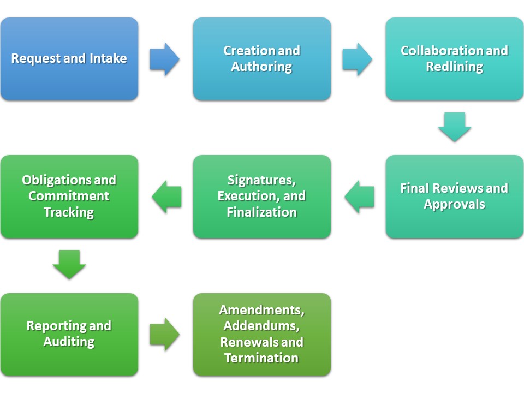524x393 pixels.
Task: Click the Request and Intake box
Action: [x=69, y=59]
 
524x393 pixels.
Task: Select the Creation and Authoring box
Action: [x=262, y=59]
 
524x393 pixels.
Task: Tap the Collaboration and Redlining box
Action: [x=454, y=59]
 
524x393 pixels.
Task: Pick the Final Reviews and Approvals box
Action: [x=454, y=196]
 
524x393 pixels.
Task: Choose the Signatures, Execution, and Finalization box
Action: [x=262, y=196]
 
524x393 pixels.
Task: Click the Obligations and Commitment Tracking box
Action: [x=69, y=196]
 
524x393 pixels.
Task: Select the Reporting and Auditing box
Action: [x=69, y=334]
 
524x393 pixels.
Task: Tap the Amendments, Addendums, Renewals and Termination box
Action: [x=262, y=334]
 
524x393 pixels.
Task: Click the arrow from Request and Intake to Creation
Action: [x=164, y=59]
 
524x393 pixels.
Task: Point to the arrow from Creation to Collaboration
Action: [x=357, y=59]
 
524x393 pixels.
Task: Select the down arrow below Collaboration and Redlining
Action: [x=454, y=127]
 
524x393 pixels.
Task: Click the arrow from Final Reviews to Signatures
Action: [x=359, y=196]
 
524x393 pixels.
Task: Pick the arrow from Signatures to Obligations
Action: [x=166, y=196]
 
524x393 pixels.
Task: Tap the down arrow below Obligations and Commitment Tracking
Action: [x=69, y=264]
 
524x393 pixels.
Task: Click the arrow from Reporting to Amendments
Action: [x=164, y=334]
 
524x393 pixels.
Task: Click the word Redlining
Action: [x=454, y=67]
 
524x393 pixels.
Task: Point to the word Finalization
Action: [x=262, y=212]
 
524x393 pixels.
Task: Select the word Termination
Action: [x=262, y=359]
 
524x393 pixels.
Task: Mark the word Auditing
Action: [x=69, y=342]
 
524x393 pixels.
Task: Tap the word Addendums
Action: [x=262, y=326]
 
